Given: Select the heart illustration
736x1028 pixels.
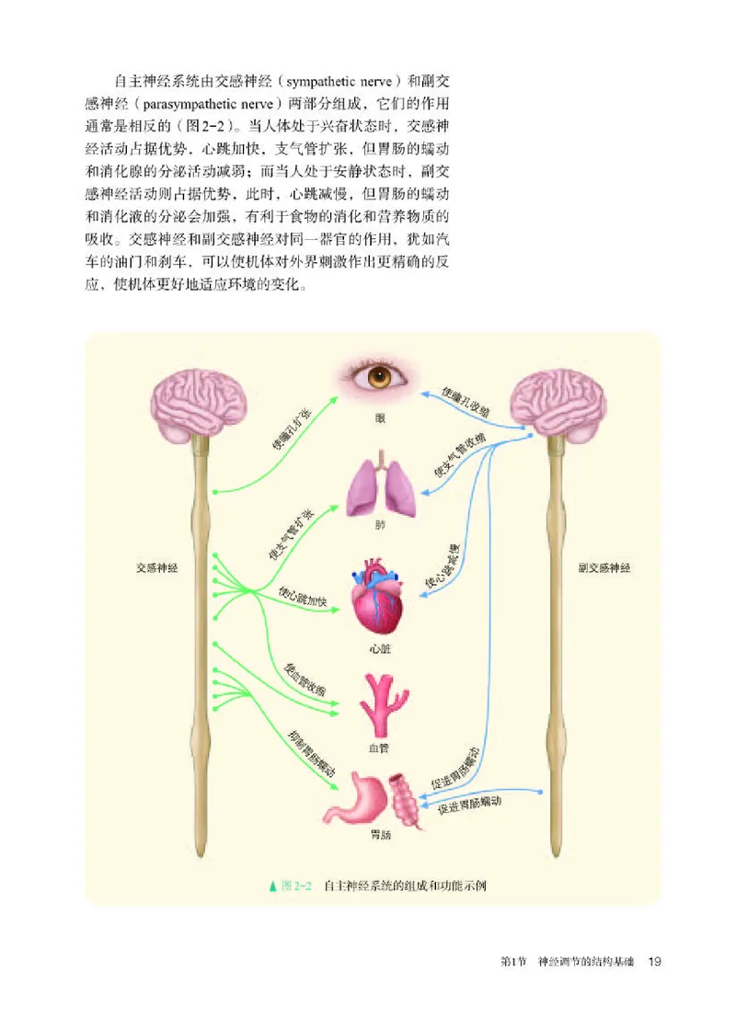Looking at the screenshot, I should pos(379,595).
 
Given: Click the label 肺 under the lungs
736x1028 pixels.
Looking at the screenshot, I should pos(379,528).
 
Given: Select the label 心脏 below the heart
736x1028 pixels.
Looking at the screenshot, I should pos(379,646).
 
